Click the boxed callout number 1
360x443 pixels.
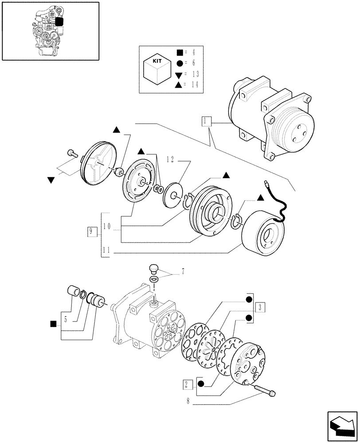click(x=207, y=121)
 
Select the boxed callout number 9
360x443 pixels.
click(x=92, y=231)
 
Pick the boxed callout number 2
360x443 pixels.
click(x=187, y=384)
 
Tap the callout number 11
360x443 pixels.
click(x=106, y=251)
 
